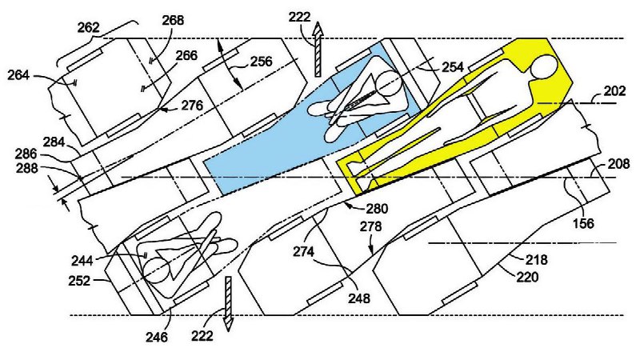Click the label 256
pyautogui.click(x=261, y=61)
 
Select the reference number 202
pyautogui.click(x=614, y=92)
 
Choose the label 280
pyautogui.click(x=378, y=209)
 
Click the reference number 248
pyautogui.click(x=359, y=298)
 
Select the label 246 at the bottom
pyautogui.click(x=157, y=337)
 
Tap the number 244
pyautogui.click(x=103, y=259)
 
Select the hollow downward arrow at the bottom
pyautogui.click(x=227, y=302)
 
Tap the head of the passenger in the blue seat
pyautogui.click(x=389, y=83)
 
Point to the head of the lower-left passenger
pyautogui.click(x=157, y=269)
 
